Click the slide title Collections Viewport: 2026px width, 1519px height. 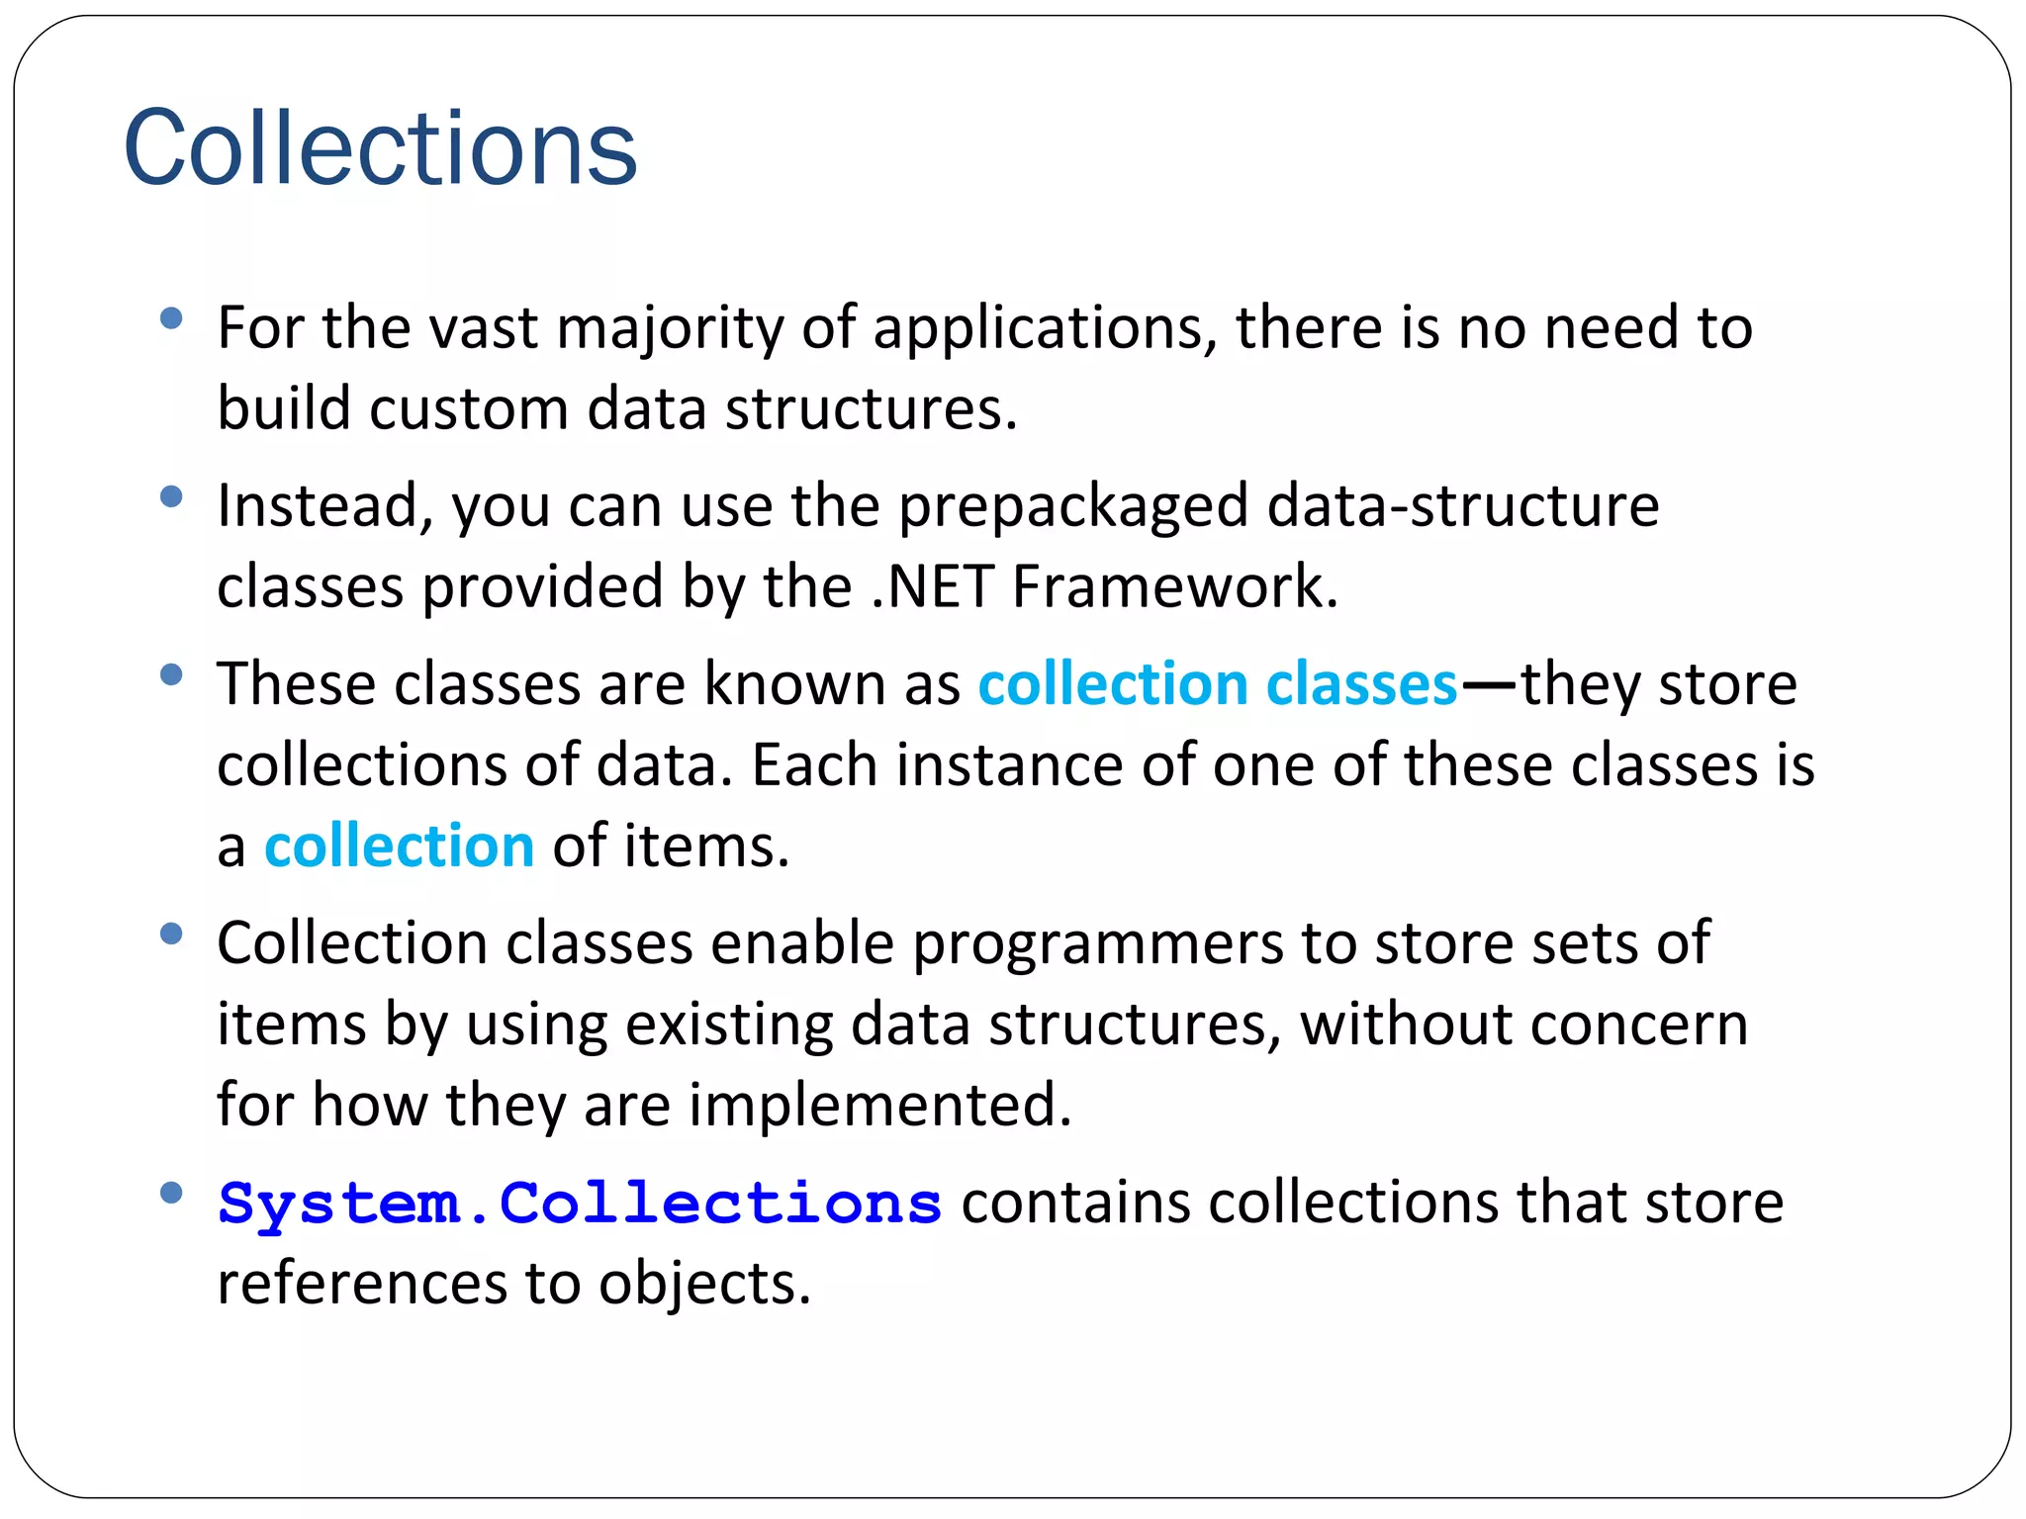[x=380, y=148]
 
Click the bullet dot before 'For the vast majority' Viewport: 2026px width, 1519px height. [x=171, y=318]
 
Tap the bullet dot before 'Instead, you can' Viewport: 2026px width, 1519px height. [x=171, y=496]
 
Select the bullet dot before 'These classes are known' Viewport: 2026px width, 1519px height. [x=171, y=674]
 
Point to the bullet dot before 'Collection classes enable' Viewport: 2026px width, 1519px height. [x=171, y=934]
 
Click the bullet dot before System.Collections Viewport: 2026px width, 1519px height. [x=171, y=1193]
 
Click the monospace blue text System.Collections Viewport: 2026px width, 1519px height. [x=580, y=1204]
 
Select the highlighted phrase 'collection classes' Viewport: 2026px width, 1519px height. [x=1218, y=684]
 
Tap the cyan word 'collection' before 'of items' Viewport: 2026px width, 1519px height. [x=399, y=847]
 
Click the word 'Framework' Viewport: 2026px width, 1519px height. [x=1173, y=587]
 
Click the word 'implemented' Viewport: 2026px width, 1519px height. [x=879, y=1106]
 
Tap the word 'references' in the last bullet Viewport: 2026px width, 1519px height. [x=362, y=1284]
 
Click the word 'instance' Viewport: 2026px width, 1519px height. [x=1009, y=765]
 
